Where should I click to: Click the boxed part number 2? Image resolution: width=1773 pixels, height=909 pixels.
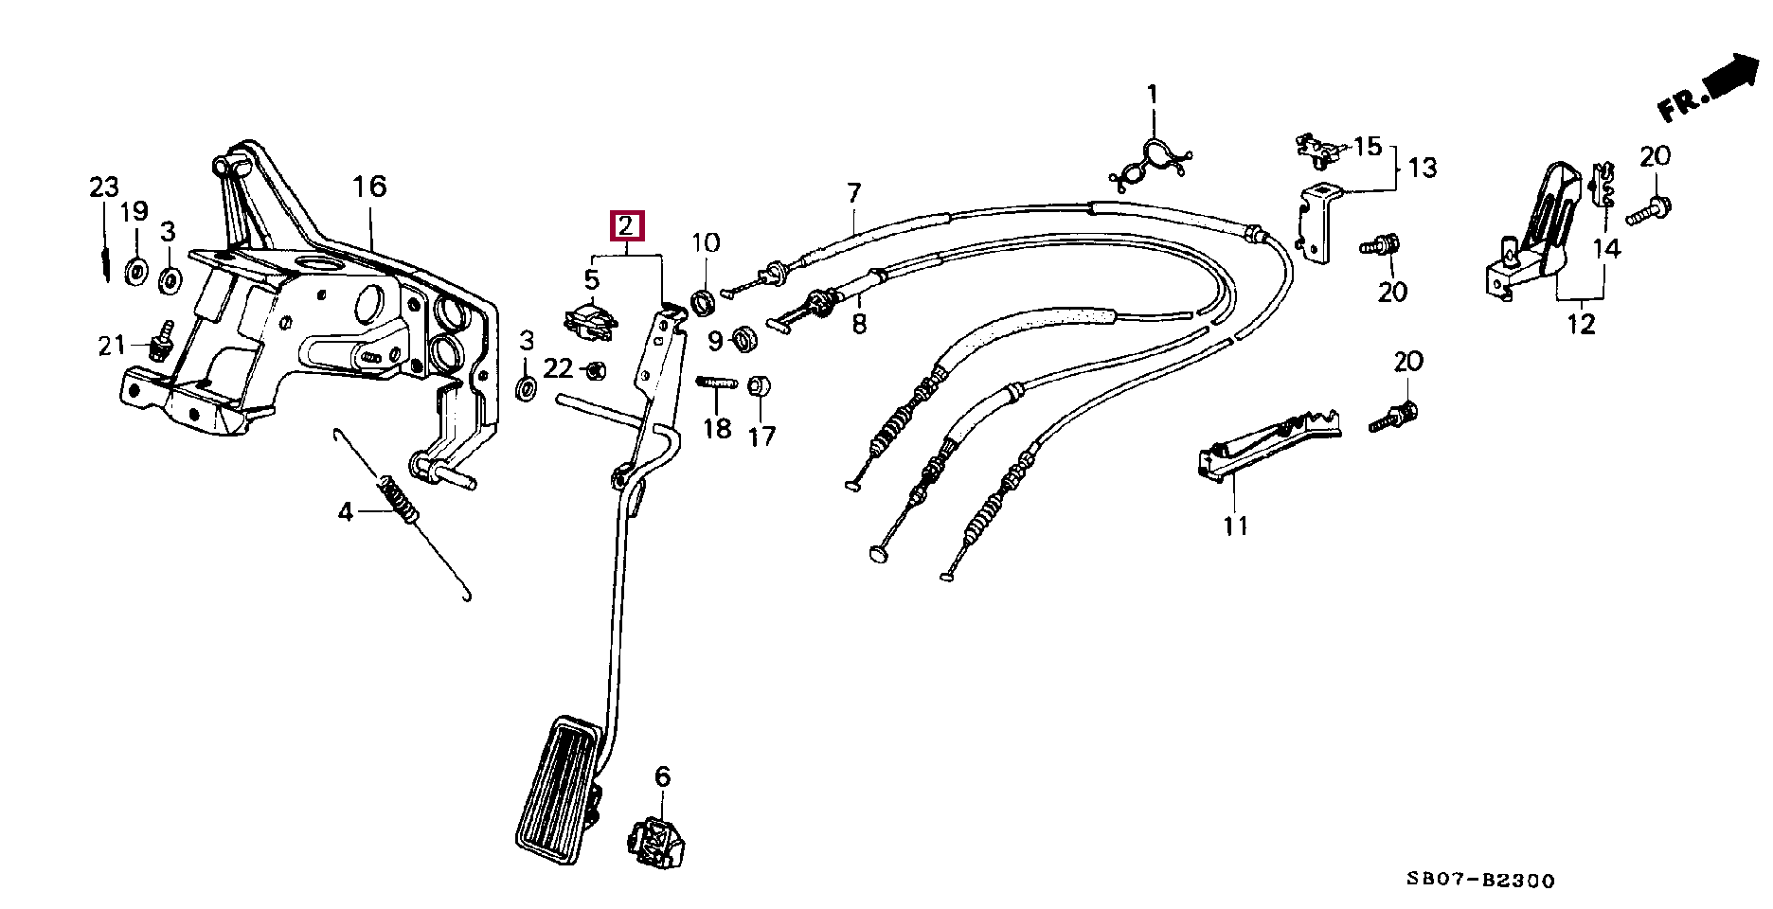click(626, 226)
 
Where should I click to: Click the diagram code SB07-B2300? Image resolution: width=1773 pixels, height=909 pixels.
click(1480, 881)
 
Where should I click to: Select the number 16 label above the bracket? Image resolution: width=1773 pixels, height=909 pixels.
click(369, 187)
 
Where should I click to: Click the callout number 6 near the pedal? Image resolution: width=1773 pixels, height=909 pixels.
click(662, 777)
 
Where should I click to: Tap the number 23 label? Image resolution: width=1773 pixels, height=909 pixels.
click(104, 187)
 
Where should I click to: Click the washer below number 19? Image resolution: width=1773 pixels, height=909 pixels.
click(136, 272)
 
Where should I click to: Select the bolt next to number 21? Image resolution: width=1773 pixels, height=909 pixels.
click(162, 342)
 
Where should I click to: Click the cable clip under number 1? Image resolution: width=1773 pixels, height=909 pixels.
click(1151, 162)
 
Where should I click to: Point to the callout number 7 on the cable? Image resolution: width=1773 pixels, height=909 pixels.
click(854, 194)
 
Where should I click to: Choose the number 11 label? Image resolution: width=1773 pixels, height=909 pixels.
click(1235, 526)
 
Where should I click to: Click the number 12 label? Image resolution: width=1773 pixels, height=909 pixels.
click(1580, 324)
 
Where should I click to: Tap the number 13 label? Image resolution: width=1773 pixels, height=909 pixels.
click(1423, 169)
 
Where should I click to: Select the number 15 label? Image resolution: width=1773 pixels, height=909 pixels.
click(1368, 147)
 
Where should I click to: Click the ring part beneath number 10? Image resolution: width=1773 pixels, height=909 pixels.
click(703, 303)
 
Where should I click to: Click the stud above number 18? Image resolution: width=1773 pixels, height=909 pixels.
click(717, 383)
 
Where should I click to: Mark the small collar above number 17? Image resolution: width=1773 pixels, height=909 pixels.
click(759, 386)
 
